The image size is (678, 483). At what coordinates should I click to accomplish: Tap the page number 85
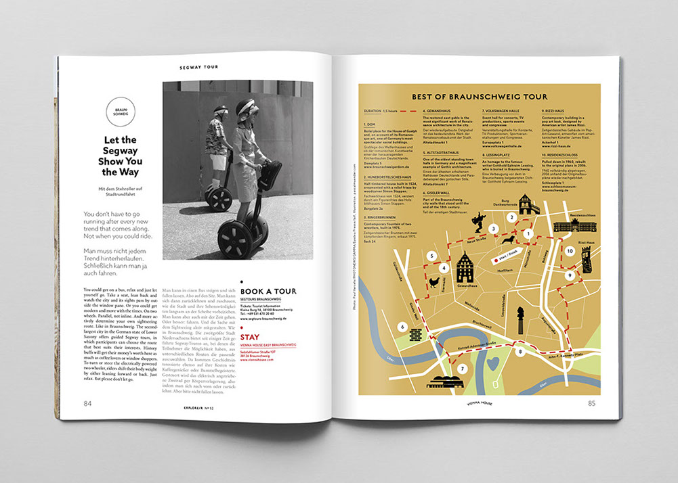[x=591, y=404]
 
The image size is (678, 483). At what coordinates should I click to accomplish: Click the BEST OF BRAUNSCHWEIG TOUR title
[x=479, y=97]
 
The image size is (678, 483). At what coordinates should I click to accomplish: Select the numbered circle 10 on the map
[x=569, y=251]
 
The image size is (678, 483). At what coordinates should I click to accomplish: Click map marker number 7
[x=463, y=368]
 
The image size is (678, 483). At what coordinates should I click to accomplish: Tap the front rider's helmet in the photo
[x=245, y=106]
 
